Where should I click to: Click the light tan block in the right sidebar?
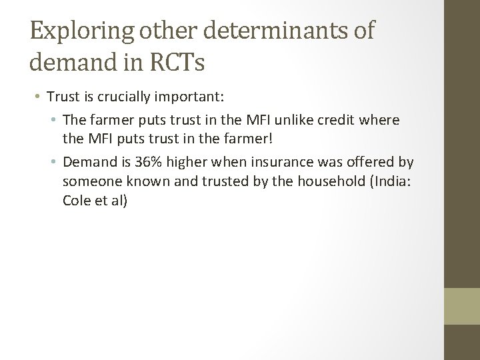pos(462,305)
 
